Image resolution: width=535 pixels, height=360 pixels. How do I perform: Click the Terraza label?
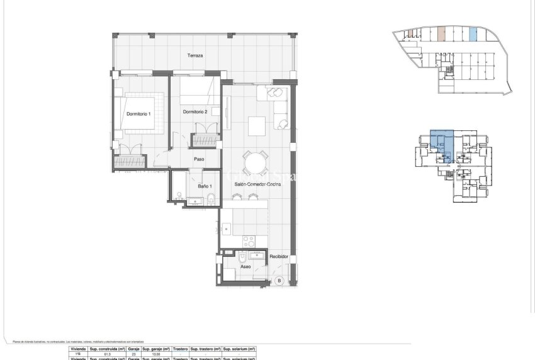pos(195,56)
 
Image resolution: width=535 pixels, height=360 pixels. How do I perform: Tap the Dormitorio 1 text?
pos(138,114)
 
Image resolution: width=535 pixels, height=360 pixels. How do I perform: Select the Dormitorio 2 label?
pos(195,112)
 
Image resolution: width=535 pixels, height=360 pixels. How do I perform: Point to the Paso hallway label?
pos(199,159)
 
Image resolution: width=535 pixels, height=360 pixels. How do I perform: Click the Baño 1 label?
pos(204,186)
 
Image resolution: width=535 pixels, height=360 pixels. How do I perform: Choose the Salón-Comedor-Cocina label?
pos(257,184)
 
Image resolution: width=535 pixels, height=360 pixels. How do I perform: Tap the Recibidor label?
pos(279,257)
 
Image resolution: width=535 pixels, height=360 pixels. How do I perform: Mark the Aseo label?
pos(245,267)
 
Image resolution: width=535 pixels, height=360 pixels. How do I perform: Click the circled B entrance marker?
pos(279,281)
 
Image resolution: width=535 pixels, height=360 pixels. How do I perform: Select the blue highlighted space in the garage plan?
pos(473,35)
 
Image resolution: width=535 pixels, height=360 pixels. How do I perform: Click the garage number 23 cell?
pos(133,354)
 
